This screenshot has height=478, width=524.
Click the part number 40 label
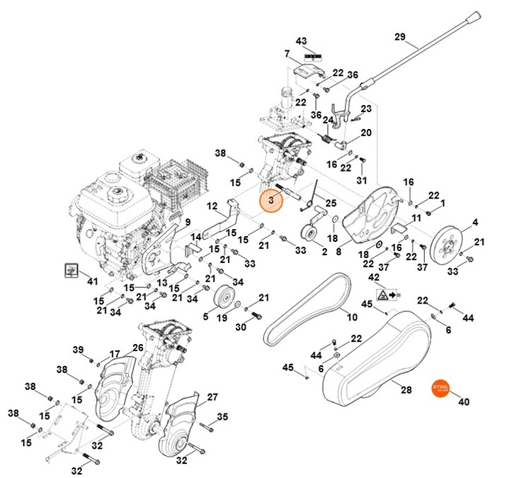465,402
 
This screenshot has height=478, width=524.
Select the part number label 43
302,40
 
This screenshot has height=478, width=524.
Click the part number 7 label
287,54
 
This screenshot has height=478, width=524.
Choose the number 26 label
137,348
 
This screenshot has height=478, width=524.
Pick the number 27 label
212,397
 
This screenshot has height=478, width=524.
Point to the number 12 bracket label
212,206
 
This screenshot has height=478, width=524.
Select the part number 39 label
78,350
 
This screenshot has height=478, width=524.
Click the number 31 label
363,180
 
